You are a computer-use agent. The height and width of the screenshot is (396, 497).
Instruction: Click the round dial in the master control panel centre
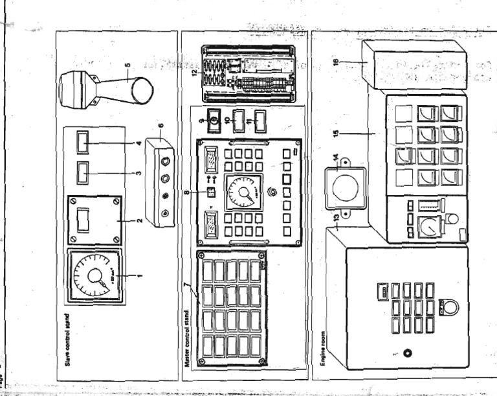point(243,192)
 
